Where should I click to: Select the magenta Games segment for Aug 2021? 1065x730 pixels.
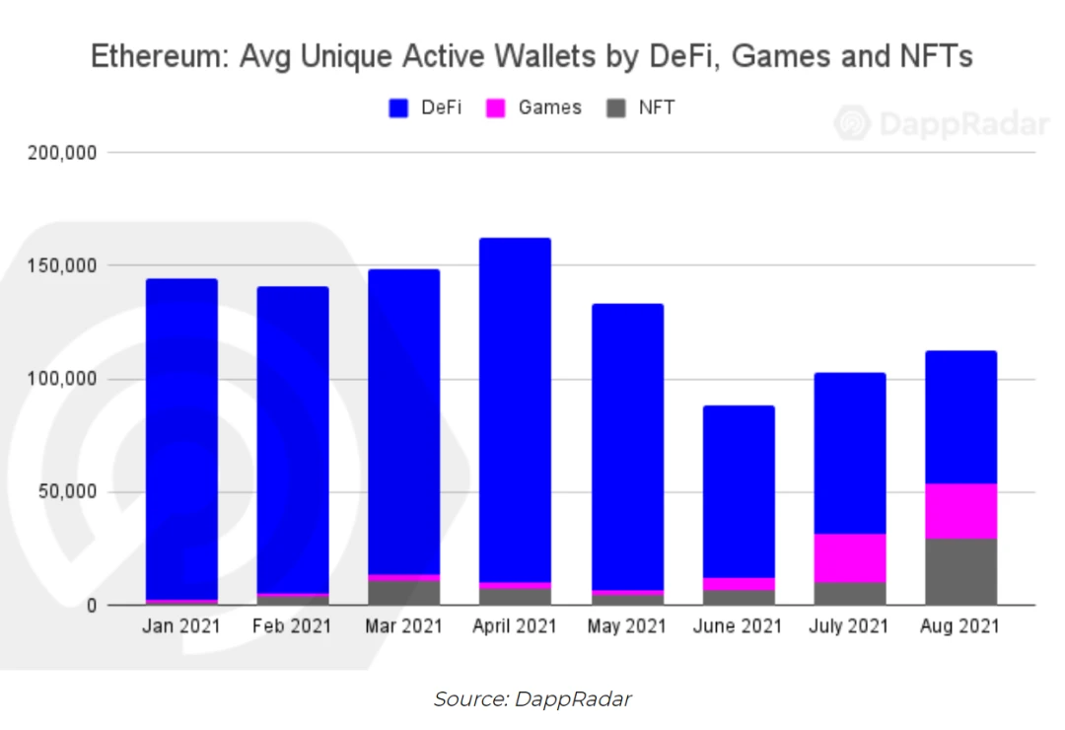click(x=960, y=511)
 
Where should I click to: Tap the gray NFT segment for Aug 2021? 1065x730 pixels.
click(x=960, y=571)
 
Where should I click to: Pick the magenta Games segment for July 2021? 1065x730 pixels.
click(x=849, y=557)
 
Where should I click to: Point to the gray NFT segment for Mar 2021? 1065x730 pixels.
click(x=403, y=592)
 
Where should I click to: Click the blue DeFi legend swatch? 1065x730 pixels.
click(x=399, y=109)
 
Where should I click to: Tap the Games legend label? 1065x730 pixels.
click(x=549, y=109)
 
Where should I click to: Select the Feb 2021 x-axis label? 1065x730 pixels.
click(x=293, y=626)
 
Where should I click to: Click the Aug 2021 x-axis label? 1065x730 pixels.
click(x=960, y=626)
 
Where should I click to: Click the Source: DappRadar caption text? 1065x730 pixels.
click(x=532, y=699)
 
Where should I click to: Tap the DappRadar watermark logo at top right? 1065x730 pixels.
click(x=852, y=124)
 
